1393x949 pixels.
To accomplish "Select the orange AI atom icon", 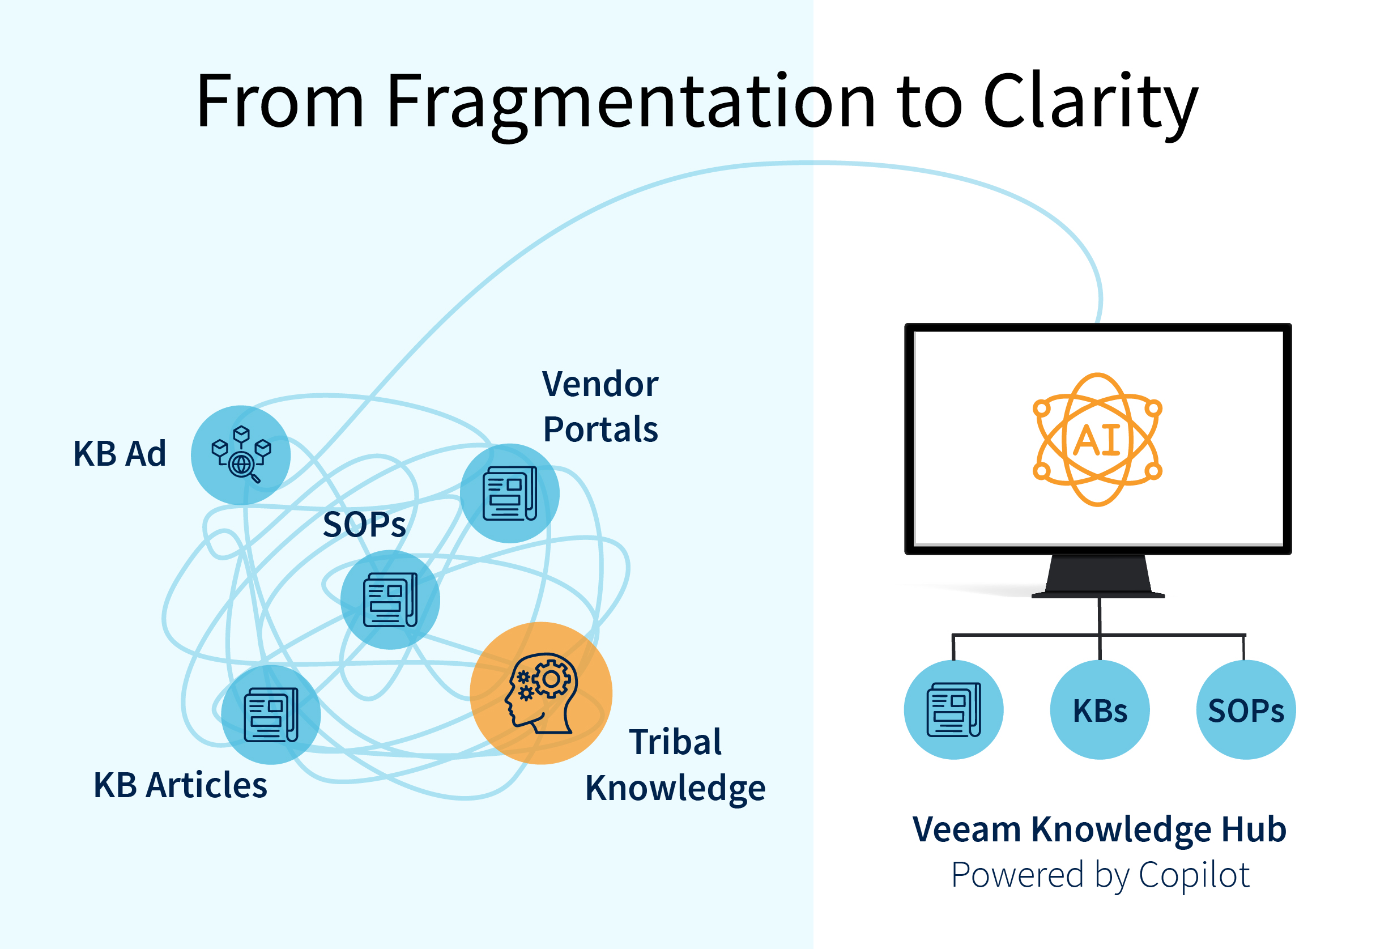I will coord(1097,440).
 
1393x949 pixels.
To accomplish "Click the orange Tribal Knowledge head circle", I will coord(540,693).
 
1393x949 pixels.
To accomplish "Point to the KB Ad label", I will coord(120,453).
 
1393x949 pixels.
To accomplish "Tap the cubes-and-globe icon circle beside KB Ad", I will coord(241,454).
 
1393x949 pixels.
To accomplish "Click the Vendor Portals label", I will coord(600,406).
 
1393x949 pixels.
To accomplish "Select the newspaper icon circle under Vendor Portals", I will coord(509,493).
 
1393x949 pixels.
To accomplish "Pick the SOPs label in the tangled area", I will coord(364,525).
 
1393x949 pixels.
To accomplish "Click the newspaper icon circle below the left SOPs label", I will coord(390,599).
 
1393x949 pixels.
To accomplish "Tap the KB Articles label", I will coord(180,785).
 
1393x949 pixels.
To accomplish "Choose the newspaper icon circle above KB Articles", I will coord(271,714).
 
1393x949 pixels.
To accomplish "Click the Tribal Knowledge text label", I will coord(675,764).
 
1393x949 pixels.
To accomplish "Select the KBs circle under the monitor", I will coord(1100,710).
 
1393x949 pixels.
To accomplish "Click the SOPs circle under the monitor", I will coord(1246,710).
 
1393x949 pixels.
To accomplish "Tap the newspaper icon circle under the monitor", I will coord(953,710).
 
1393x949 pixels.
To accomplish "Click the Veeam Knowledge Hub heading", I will coord(1098,829).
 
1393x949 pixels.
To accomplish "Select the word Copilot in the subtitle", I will coord(1194,875).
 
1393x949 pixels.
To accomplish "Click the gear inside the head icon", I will coord(551,679).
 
